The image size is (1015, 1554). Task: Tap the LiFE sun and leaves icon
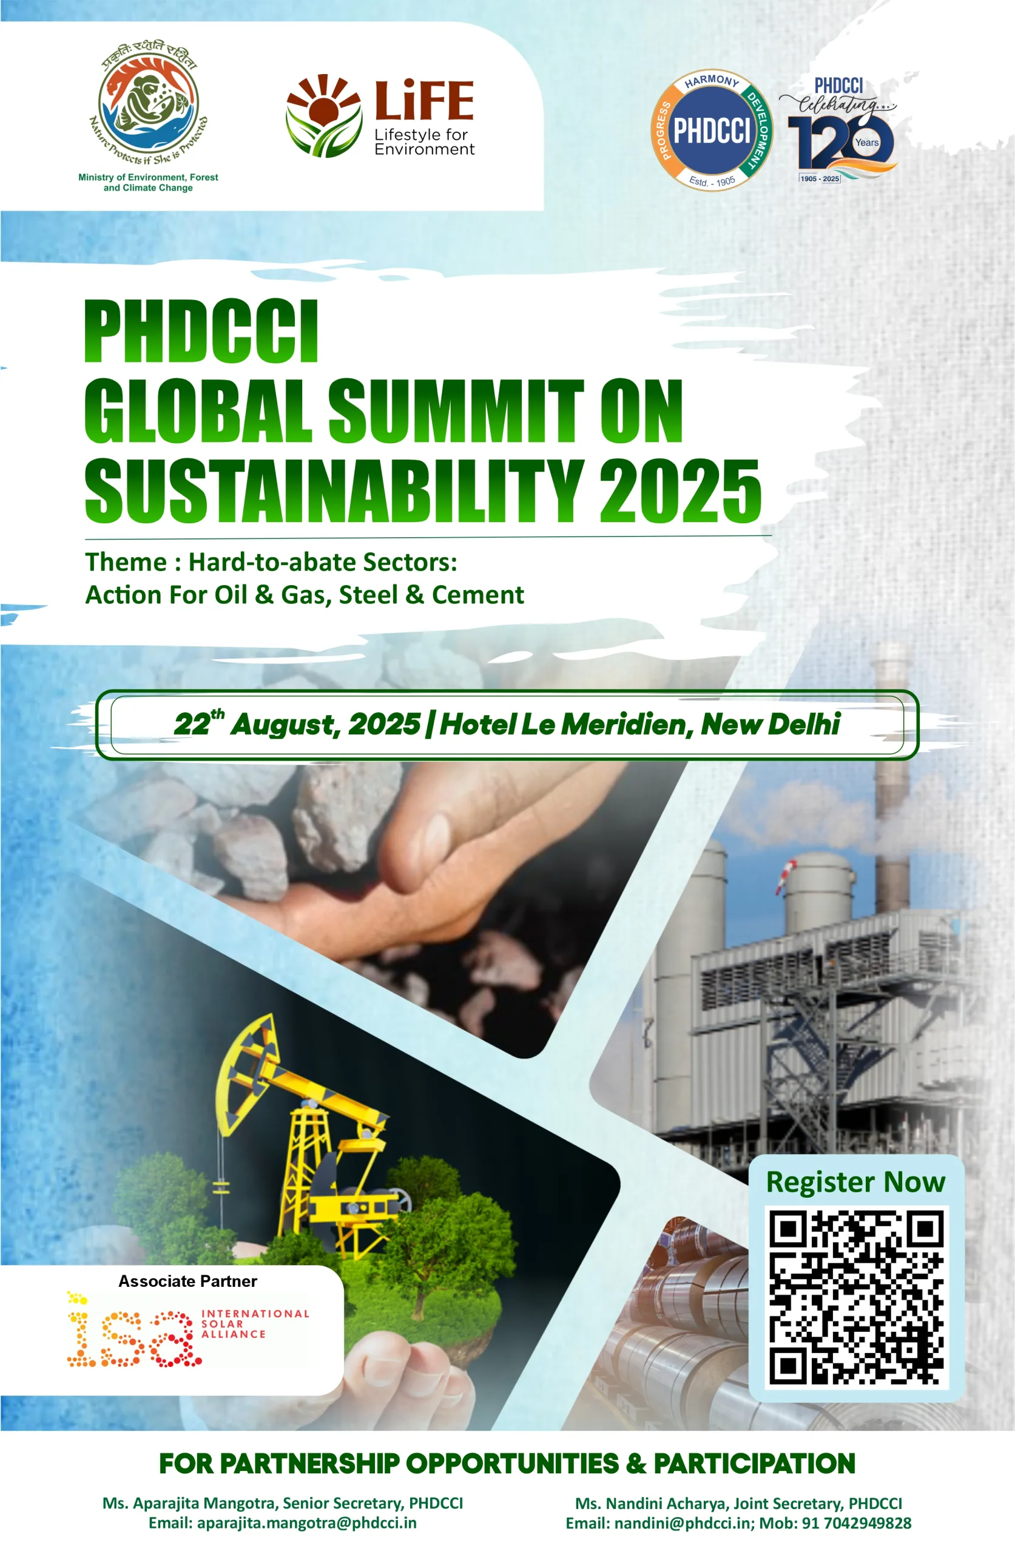324,116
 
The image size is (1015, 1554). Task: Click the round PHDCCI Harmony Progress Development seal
712,131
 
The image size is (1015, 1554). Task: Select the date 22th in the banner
198,723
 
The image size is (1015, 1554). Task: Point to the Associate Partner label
187,1281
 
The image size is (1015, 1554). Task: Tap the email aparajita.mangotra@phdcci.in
306,1522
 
